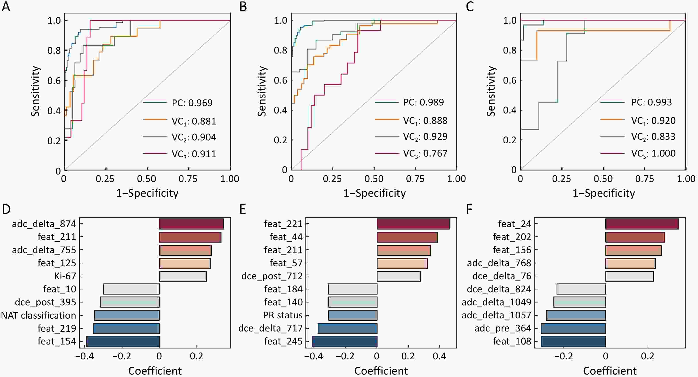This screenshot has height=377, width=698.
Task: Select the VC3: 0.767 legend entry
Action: (425, 154)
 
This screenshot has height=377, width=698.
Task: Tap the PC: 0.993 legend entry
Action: (651, 102)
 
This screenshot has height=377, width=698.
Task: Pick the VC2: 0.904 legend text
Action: (194, 137)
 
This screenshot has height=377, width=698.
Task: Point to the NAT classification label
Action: (38, 316)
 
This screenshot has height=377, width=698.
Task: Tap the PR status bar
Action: (352, 316)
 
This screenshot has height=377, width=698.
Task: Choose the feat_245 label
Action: (283, 341)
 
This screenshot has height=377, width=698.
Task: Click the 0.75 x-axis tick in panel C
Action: (645, 179)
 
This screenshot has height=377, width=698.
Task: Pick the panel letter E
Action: (243, 209)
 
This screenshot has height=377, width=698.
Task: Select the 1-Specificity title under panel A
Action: (147, 193)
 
